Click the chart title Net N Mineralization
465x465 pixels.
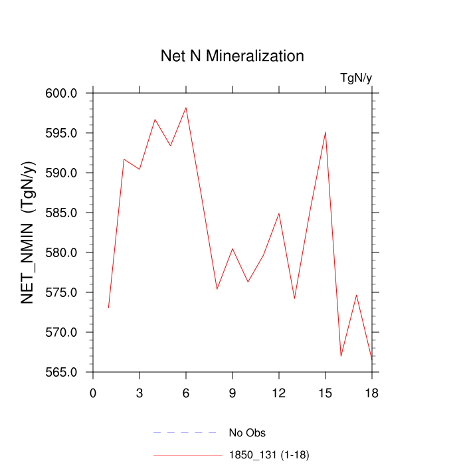pos(232,56)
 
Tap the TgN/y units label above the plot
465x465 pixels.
pos(356,78)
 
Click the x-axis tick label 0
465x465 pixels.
pos(93,393)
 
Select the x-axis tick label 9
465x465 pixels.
pos(232,393)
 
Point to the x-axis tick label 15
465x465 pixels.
pos(325,393)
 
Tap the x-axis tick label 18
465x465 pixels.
pos(372,393)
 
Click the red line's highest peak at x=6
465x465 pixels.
pos(186,108)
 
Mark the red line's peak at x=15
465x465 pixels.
pos(325,132)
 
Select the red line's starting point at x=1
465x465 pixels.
pos(108,308)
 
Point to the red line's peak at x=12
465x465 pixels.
pos(279,213)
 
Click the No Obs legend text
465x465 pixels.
pos(247,433)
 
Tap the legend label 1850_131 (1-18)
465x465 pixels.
pos(269,455)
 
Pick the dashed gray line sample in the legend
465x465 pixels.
pos(186,433)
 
